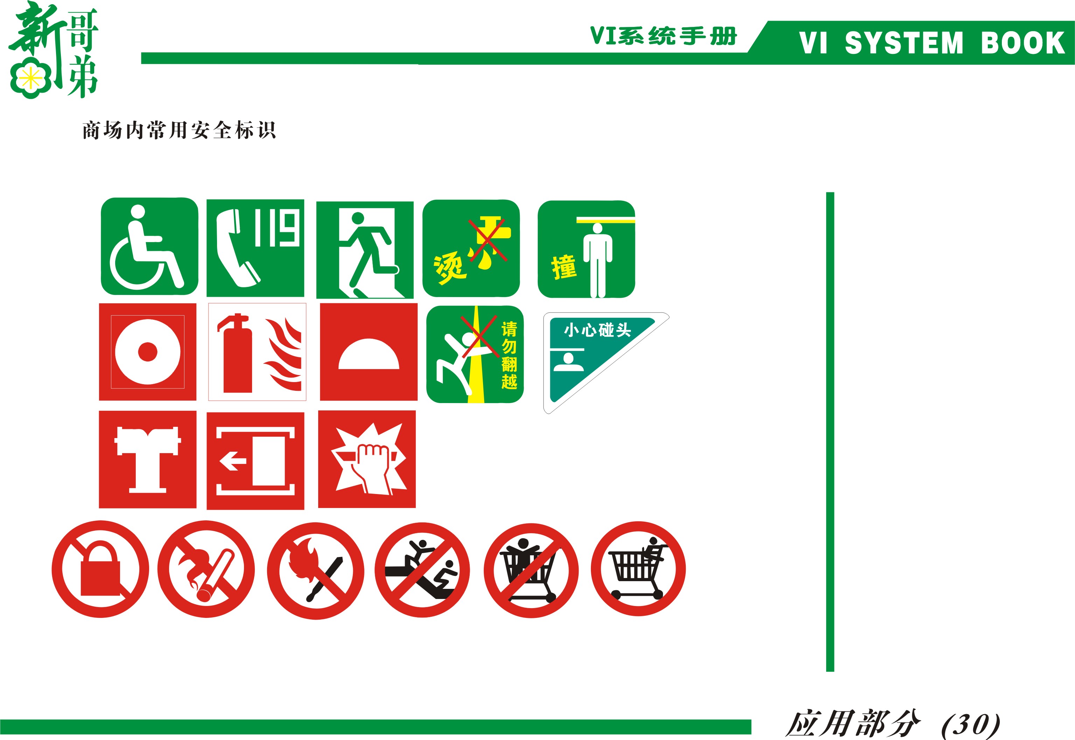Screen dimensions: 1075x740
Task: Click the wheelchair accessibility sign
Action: point(149,246)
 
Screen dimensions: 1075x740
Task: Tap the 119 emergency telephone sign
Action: point(255,248)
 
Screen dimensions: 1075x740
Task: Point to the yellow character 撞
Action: point(564,267)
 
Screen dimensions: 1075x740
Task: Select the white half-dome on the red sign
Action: point(369,354)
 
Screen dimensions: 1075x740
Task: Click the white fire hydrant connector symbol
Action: point(147,459)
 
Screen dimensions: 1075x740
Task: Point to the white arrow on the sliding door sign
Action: point(233,461)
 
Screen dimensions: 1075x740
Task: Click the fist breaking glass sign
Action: point(367,459)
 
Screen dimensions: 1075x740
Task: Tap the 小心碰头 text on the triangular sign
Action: point(597,330)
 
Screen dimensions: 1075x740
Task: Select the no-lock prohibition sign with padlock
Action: point(100,569)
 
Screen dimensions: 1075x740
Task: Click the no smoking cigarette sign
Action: point(206,569)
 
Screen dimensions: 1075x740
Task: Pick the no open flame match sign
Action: point(315,571)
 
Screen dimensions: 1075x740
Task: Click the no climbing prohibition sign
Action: point(422,570)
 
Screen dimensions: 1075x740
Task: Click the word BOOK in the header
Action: point(1022,43)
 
